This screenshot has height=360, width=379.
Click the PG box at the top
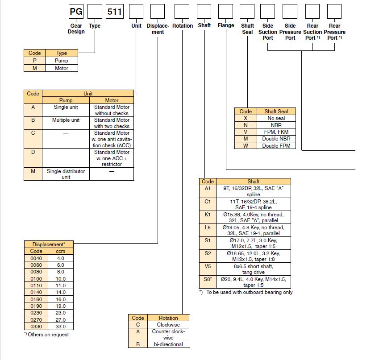click(x=76, y=11)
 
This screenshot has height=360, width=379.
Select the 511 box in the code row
click(x=115, y=11)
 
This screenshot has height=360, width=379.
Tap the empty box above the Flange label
click(x=225, y=11)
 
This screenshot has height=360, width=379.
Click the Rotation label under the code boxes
click(x=183, y=25)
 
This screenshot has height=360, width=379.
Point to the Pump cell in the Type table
click(x=62, y=60)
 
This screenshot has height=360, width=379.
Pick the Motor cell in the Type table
click(x=62, y=68)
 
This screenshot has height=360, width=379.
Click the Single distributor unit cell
click(x=66, y=174)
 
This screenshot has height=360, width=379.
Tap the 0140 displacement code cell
click(x=36, y=292)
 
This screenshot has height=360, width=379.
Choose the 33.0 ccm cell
click(x=61, y=327)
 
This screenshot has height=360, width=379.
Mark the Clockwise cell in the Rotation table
click(x=168, y=324)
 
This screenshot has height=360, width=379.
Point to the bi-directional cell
click(x=168, y=344)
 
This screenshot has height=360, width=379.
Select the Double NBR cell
click(x=276, y=139)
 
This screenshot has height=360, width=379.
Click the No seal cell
click(x=276, y=118)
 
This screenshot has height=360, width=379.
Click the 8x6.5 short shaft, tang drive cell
click(x=253, y=269)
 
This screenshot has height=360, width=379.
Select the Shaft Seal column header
click(x=276, y=112)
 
